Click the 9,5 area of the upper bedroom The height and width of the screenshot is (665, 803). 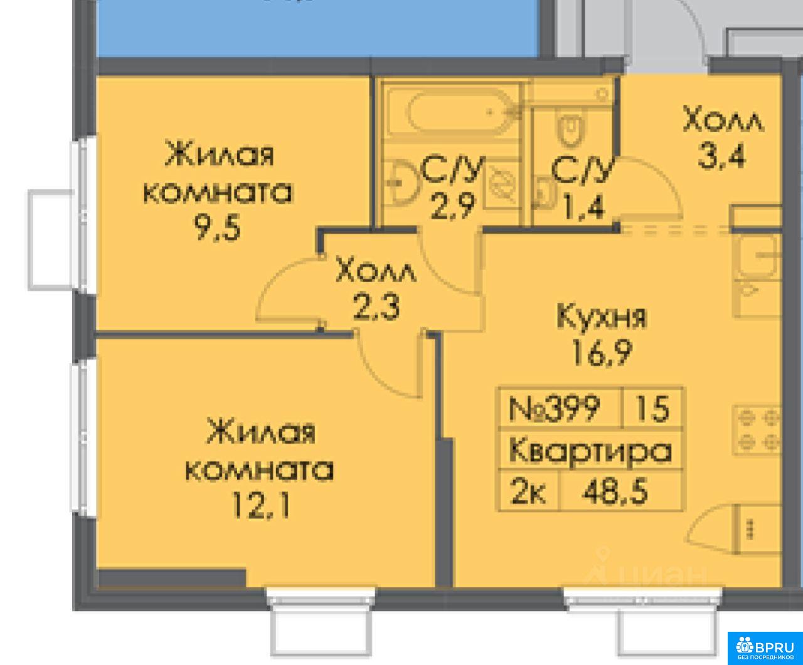coord(217,228)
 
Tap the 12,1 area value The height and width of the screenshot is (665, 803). coord(260,506)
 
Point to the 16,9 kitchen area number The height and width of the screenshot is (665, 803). coord(602,353)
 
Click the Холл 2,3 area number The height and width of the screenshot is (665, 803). coord(376,307)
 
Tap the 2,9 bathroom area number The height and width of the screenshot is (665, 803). coord(454,206)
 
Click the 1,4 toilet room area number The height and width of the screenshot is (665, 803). coord(584,207)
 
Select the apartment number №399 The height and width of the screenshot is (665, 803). coord(555,408)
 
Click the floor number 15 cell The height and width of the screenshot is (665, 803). coord(652,409)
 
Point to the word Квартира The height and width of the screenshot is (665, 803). coord(590,450)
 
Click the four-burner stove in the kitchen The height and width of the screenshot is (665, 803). coord(757,430)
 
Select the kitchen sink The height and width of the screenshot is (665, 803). coord(757,256)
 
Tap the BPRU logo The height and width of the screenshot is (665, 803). coord(765,648)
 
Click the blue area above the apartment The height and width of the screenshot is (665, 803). coord(317,28)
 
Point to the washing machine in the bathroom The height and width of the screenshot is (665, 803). coord(503,184)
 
